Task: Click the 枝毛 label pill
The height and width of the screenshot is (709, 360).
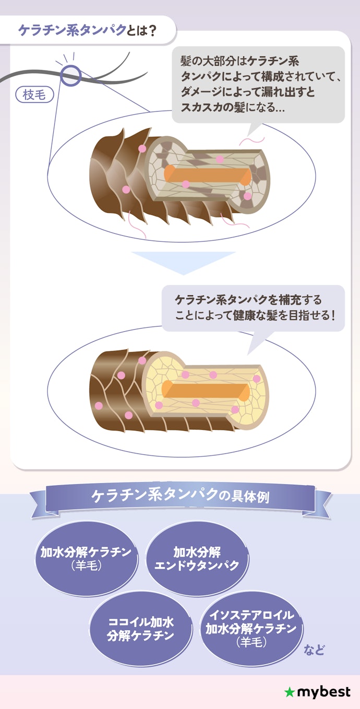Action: click(x=34, y=94)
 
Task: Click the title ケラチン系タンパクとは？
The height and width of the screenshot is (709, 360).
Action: click(x=87, y=31)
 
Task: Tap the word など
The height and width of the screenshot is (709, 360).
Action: click(x=314, y=650)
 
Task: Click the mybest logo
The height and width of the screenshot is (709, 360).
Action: click(x=317, y=692)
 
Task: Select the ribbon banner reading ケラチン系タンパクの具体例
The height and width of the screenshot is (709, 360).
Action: click(x=181, y=498)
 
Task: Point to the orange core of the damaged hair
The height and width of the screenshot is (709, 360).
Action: click(x=207, y=174)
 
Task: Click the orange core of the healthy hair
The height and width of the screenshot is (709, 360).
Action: click(x=206, y=390)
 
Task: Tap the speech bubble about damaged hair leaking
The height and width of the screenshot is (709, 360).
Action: click(x=258, y=85)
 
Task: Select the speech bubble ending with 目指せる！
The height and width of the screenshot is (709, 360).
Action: click(x=253, y=308)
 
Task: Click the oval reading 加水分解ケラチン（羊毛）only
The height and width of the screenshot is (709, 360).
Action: click(x=86, y=558)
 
